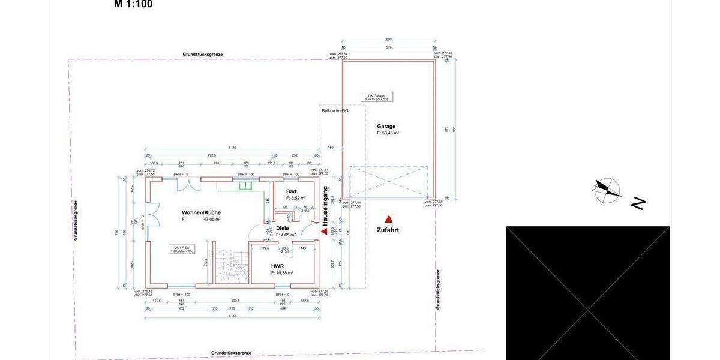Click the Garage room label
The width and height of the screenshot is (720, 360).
point(386,126)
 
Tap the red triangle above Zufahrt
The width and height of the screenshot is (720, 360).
point(388,220)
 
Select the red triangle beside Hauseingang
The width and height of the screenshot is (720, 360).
point(325,230)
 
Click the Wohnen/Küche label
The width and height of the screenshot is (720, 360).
point(201,212)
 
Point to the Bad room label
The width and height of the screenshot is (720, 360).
point(291,191)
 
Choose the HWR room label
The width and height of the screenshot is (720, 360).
point(277,266)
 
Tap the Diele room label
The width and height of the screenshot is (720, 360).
point(282,228)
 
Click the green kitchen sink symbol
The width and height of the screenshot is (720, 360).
point(245,185)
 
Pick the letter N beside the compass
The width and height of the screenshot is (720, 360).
point(638,203)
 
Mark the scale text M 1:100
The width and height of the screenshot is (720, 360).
point(133,4)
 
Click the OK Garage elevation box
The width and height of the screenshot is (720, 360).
point(377,97)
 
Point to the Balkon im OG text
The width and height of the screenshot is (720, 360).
point(335,110)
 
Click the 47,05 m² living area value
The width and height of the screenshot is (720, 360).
point(212,220)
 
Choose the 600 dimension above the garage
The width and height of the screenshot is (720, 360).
point(388,40)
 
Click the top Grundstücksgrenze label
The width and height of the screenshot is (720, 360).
point(203,54)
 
